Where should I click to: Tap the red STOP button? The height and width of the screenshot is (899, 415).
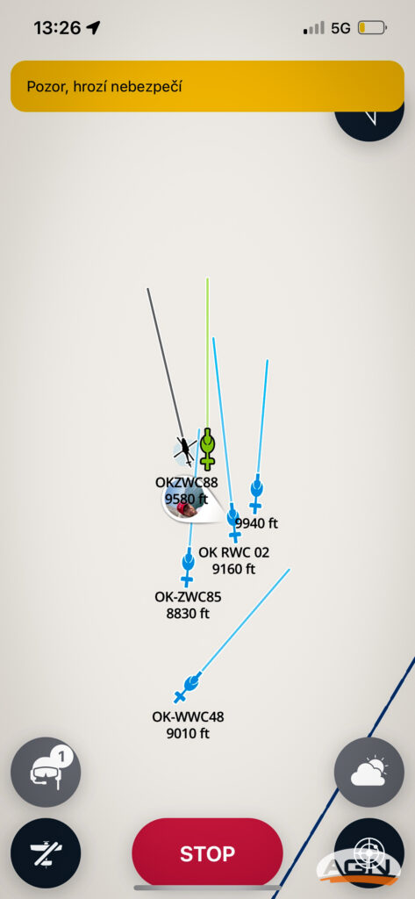pyautogui.click(x=207, y=853)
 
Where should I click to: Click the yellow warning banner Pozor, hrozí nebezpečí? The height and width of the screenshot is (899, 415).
pyautogui.click(x=207, y=87)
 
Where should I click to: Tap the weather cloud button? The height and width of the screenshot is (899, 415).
pyautogui.click(x=369, y=773)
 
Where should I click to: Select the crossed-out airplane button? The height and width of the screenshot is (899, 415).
pyautogui.click(x=46, y=853)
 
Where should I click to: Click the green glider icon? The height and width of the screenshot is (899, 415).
pyautogui.click(x=207, y=449)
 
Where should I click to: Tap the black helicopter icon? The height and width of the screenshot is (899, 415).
pyautogui.click(x=184, y=449)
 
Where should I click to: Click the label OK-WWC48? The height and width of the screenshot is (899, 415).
pyautogui.click(x=188, y=716)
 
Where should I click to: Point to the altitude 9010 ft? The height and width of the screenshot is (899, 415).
pyautogui.click(x=188, y=733)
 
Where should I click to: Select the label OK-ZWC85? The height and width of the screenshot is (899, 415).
pyautogui.click(x=188, y=597)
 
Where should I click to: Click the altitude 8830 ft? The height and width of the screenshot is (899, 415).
pyautogui.click(x=188, y=613)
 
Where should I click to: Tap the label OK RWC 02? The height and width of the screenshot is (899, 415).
pyautogui.click(x=234, y=553)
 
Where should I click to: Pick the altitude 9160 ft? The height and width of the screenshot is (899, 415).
pyautogui.click(x=234, y=569)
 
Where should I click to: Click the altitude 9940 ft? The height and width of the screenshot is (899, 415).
pyautogui.click(x=257, y=523)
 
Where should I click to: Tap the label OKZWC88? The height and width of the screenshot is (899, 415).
pyautogui.click(x=187, y=483)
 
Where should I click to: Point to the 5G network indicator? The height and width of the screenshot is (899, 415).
pyautogui.click(x=340, y=28)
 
